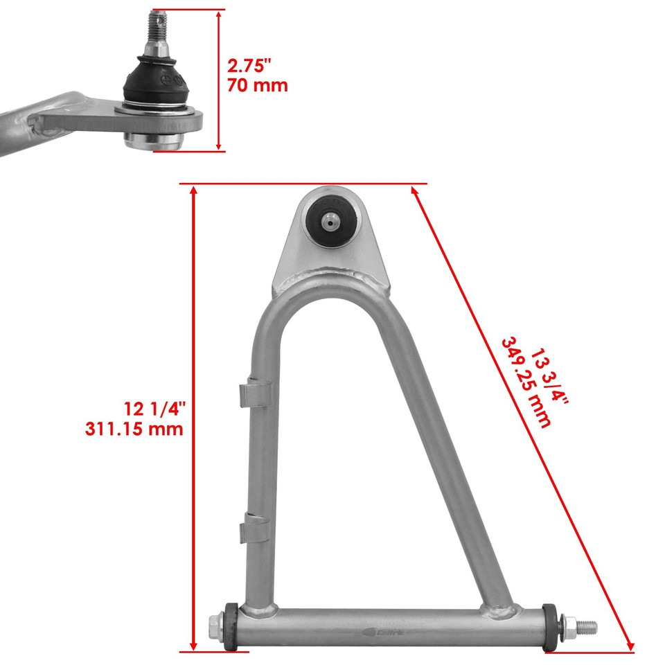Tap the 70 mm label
point(256,86)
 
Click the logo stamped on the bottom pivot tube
point(379,631)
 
